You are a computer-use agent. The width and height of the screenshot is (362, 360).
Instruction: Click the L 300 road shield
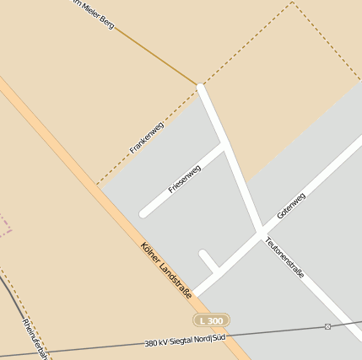click(x=211, y=321)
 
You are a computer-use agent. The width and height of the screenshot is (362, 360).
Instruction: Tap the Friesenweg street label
click(x=184, y=179)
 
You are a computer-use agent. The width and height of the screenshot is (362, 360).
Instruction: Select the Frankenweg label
click(x=147, y=137)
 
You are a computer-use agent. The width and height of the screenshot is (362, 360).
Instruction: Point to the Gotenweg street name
click(x=290, y=207)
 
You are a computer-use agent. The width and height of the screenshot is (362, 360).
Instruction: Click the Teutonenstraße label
click(x=284, y=258)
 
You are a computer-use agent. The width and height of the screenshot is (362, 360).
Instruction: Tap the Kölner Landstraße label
click(x=166, y=271)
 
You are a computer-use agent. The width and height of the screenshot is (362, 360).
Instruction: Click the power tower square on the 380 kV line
click(x=327, y=326)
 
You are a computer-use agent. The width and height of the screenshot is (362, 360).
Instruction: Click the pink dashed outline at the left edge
click(x=5, y=224)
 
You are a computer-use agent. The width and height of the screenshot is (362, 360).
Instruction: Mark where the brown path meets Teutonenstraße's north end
click(x=200, y=85)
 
